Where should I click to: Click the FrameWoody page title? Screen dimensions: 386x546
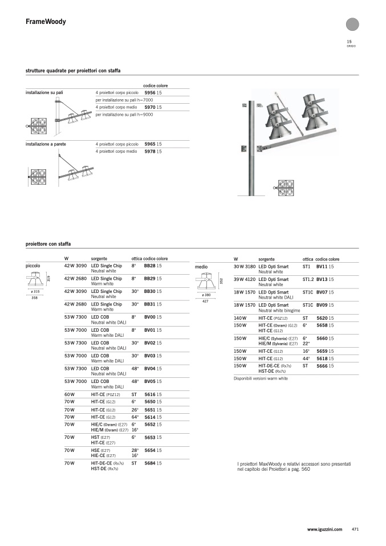coord(46,22)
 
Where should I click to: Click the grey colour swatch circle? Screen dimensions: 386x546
coord(352,24)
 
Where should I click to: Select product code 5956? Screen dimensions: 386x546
coord(150,93)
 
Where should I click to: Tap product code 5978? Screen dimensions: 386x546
coord(150,152)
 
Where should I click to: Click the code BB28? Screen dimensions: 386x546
coord(150,266)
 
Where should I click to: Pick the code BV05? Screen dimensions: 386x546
coord(150,381)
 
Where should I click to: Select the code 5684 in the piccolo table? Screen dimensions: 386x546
coord(150,463)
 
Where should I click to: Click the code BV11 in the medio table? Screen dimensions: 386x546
coord(322,266)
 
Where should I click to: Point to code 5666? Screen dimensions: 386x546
coord(322,366)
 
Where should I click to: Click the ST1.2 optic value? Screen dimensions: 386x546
coord(308,279)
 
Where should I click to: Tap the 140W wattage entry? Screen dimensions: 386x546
coord(240,318)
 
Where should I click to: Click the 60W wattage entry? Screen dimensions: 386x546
coord(70,394)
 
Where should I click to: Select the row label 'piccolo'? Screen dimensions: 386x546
coord(32,266)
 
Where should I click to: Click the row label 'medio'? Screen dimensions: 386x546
coord(201,267)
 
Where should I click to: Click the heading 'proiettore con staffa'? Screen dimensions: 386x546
coord(48,244)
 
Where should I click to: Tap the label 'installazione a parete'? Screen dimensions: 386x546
coord(46,144)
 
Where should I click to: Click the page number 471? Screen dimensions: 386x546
coord(355,529)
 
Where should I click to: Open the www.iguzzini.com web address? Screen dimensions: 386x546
coord(324,529)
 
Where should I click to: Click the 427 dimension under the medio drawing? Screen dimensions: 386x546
coord(205,301)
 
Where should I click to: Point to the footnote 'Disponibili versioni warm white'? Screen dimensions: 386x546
coord(261,378)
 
